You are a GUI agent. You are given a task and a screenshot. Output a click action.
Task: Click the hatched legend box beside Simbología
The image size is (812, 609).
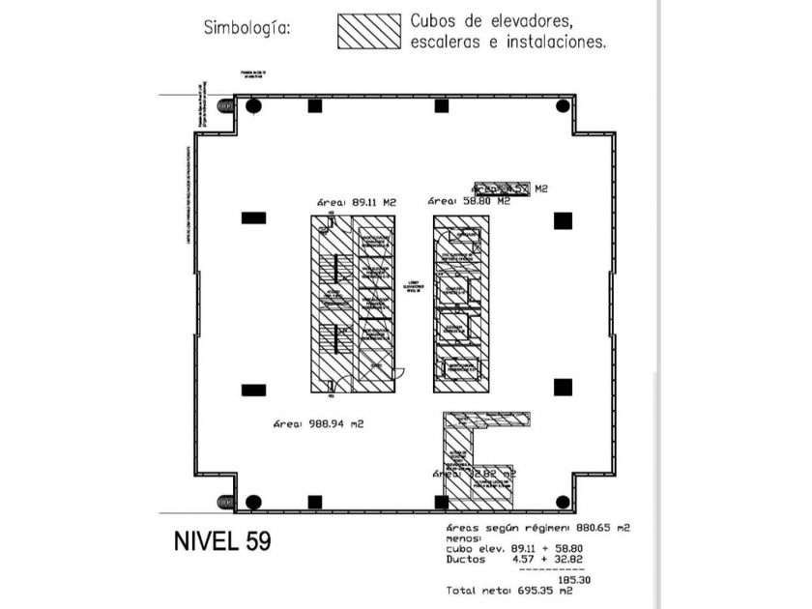click(369, 31)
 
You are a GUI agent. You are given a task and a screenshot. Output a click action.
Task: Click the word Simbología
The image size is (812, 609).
click(246, 28)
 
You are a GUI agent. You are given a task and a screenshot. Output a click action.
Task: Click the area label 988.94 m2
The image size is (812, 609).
click(317, 423)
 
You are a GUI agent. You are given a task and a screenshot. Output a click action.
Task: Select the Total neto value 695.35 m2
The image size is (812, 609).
click(579, 591)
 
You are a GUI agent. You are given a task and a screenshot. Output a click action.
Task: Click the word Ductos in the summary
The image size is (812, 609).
click(466, 559)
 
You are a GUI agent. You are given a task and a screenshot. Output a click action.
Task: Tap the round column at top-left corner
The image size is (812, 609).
click(253, 105)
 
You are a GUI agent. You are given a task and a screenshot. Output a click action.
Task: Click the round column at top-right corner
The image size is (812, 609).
click(563, 105)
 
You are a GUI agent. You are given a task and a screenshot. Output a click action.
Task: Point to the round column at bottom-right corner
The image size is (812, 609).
click(563, 502)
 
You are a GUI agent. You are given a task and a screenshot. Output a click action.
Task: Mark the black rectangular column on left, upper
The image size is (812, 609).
click(253, 217)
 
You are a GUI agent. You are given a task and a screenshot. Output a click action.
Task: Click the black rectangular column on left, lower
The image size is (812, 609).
click(253, 390)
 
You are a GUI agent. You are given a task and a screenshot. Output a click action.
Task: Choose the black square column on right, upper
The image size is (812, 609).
click(563, 220)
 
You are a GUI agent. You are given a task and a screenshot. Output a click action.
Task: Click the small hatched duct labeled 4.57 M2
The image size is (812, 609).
click(501, 188)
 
